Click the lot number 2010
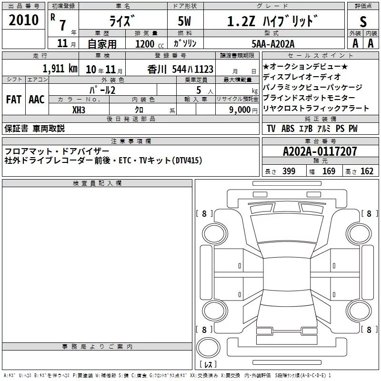(x=23, y=20)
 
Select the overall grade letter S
(x=363, y=21)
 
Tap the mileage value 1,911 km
(x=60, y=69)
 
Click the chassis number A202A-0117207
(x=320, y=151)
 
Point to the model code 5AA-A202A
(x=273, y=44)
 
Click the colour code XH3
(x=79, y=110)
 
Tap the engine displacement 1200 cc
(x=150, y=44)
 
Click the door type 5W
(x=184, y=21)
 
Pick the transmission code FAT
(x=14, y=100)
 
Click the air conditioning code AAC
(x=37, y=100)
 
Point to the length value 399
(x=289, y=171)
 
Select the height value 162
(x=367, y=171)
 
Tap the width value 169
(x=329, y=171)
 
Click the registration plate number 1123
(x=204, y=69)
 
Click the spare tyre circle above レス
(x=208, y=348)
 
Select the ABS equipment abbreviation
(x=288, y=129)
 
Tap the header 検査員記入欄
(x=97, y=183)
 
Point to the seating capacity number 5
(x=199, y=90)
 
